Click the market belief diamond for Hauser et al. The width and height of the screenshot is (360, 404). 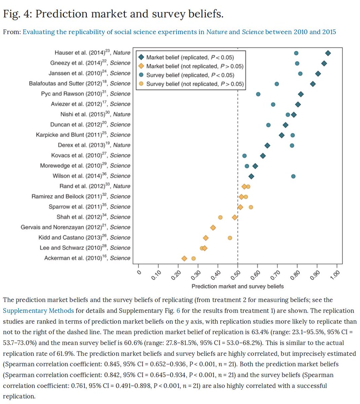[x=328, y=53]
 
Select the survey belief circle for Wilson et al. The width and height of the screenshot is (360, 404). [x=293, y=176]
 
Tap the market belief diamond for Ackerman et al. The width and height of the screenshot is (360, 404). [x=184, y=259]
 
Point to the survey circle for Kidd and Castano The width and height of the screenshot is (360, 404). [x=230, y=238]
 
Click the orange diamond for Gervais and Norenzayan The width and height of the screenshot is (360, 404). [x=213, y=228]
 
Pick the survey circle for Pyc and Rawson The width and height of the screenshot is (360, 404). [x=258, y=94]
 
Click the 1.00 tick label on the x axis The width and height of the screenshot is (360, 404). [x=334, y=276]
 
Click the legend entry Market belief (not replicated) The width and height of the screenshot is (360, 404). [x=194, y=66]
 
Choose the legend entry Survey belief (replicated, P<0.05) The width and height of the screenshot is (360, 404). [x=190, y=75]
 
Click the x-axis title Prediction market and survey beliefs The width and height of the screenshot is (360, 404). [x=238, y=287]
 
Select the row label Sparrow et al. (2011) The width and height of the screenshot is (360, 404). [x=89, y=207]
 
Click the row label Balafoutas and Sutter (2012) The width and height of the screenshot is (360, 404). [x=79, y=83]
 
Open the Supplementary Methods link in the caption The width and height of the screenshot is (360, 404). [x=38, y=311]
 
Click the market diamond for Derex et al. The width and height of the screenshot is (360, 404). [x=267, y=145]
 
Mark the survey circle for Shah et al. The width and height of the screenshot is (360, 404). [x=220, y=217]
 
